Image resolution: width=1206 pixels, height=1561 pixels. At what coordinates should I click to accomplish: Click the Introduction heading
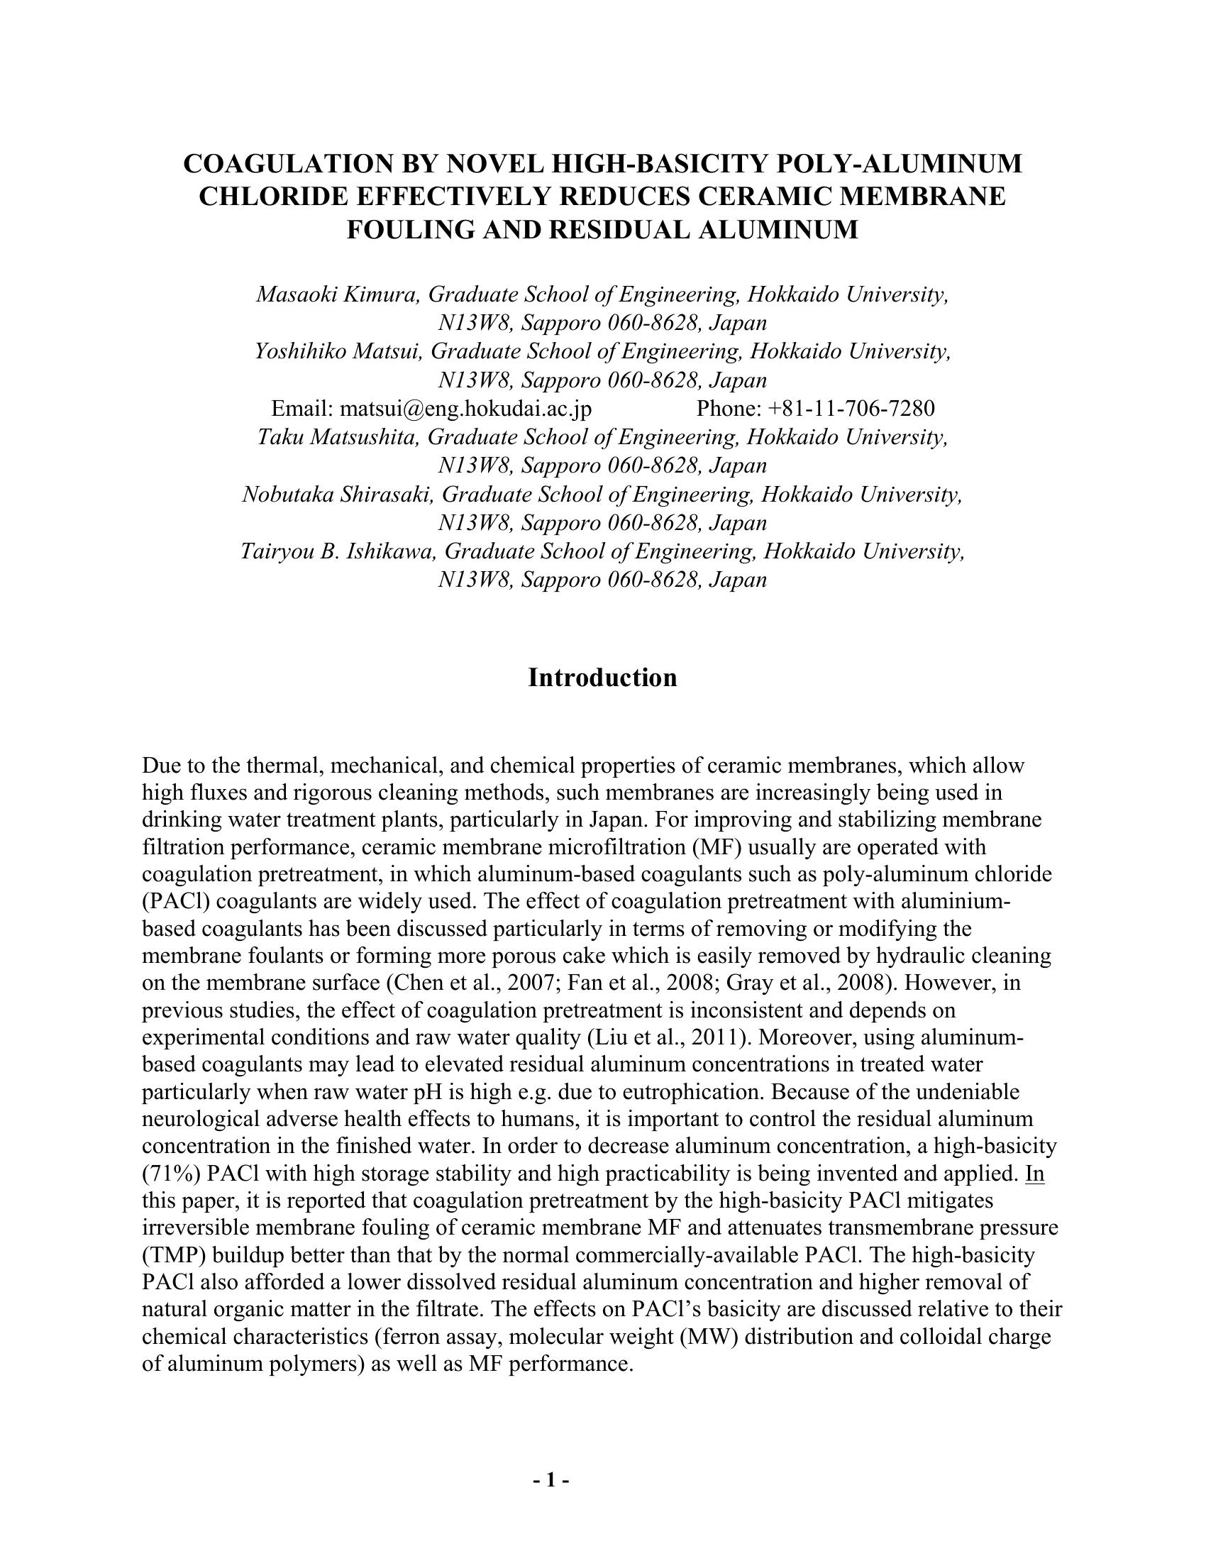pyautogui.click(x=602, y=678)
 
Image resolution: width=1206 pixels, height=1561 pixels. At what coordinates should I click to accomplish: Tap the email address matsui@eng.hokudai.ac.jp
pyautogui.click(x=465, y=408)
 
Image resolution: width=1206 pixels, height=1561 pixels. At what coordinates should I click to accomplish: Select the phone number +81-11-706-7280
pyautogui.click(x=851, y=408)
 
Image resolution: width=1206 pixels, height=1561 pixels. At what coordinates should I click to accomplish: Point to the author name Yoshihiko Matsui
pyautogui.click(x=338, y=351)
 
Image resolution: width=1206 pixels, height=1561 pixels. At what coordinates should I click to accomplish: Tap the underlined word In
pyautogui.click(x=1034, y=1173)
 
